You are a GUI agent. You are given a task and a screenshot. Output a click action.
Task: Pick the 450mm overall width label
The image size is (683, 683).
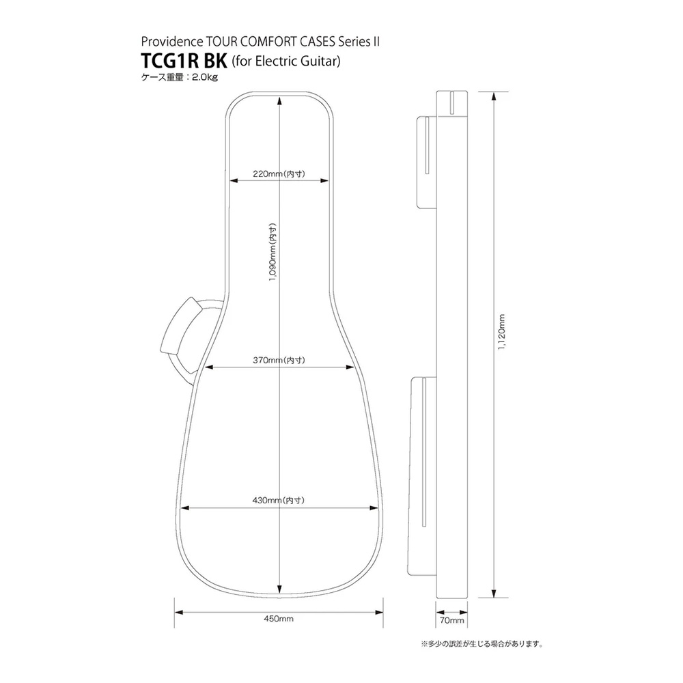[x=278, y=619]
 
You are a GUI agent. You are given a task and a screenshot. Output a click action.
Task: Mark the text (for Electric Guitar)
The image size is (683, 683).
[x=286, y=61]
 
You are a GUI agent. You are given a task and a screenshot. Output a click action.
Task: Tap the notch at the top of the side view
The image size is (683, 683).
[x=453, y=102]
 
